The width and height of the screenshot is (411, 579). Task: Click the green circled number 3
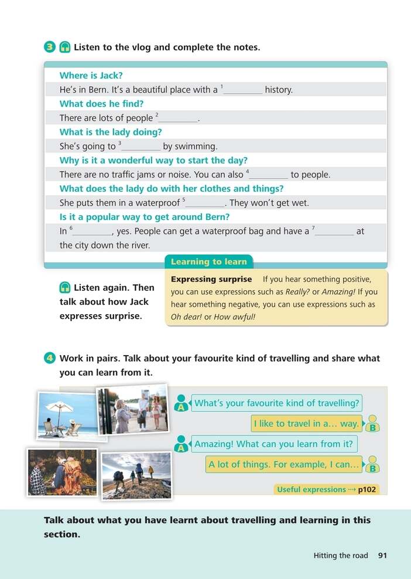(50, 47)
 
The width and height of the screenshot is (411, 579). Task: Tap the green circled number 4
(50, 358)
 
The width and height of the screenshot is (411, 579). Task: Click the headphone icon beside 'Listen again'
(65, 288)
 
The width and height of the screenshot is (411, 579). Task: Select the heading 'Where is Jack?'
(91, 76)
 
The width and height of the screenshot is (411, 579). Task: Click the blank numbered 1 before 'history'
(243, 90)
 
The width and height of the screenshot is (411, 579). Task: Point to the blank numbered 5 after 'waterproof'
(205, 203)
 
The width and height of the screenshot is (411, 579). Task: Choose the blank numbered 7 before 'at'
(334, 231)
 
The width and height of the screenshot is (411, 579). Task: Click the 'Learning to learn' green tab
(208, 262)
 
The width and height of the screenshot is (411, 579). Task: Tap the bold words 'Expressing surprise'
(211, 280)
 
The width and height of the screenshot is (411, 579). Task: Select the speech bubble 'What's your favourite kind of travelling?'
(276, 403)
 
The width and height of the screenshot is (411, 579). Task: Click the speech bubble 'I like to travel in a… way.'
(306, 423)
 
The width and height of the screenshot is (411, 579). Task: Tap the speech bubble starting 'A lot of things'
(283, 465)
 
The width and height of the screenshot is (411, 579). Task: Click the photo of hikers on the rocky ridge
(136, 475)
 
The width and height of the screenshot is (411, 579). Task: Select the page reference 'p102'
(368, 489)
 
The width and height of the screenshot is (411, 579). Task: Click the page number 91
(383, 556)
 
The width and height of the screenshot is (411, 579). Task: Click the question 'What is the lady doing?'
(111, 132)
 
